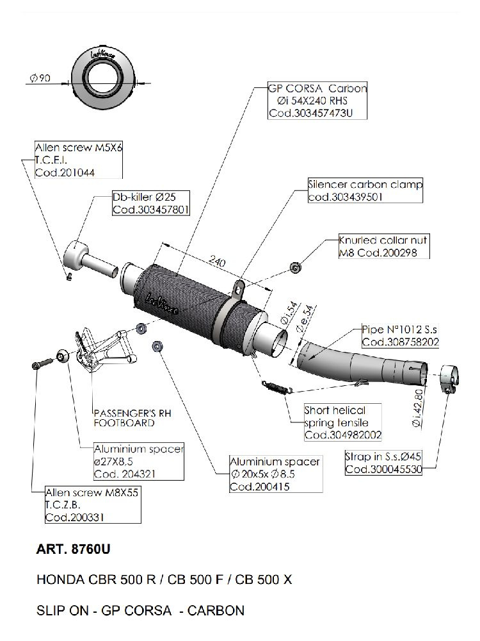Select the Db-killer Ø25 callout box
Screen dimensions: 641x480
(x=150, y=203)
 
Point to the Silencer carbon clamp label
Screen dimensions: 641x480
(x=364, y=185)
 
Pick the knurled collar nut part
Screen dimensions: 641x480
(x=295, y=266)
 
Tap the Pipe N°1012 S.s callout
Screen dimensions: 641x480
(x=399, y=336)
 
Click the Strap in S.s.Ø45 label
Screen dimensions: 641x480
(x=382, y=463)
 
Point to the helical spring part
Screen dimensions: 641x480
(x=276, y=386)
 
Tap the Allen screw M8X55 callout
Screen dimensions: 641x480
(x=92, y=505)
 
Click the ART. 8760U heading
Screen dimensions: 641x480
(x=74, y=549)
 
